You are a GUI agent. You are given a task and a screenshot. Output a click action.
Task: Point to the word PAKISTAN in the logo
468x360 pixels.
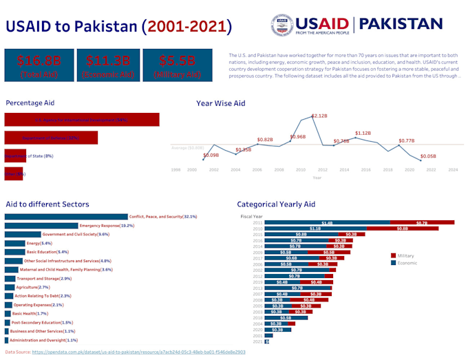coord(401,24)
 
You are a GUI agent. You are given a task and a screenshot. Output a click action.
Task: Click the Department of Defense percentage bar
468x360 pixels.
coord(51,138)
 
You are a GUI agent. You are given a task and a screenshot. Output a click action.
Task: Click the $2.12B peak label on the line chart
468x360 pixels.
coord(319,116)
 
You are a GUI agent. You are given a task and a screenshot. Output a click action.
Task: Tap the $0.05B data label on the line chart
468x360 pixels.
coord(428,156)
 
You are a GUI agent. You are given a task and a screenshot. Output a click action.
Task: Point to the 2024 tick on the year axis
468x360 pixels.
coord(452,169)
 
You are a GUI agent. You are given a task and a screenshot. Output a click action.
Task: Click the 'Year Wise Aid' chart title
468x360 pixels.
coord(220,103)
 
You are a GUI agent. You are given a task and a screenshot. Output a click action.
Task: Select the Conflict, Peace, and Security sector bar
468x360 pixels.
coord(66,216)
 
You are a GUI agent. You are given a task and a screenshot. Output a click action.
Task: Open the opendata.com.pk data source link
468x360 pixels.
coord(138,352)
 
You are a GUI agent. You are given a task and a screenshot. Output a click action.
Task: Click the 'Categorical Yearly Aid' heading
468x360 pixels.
coord(276,204)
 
